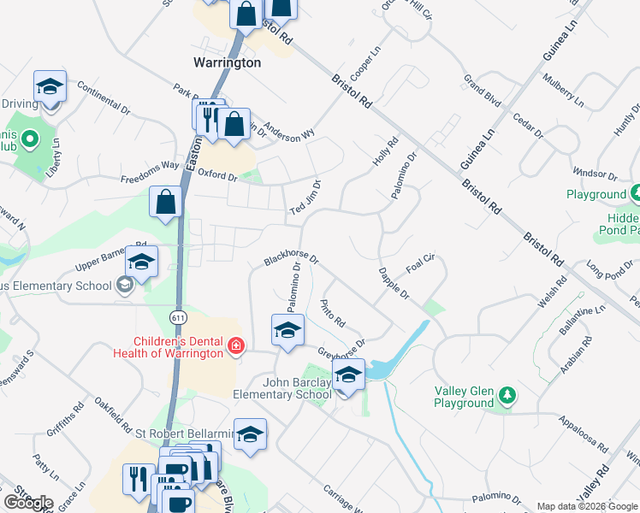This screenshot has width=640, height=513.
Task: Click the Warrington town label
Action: coord(227,62)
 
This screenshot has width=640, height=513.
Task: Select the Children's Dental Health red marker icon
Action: coord(235,346)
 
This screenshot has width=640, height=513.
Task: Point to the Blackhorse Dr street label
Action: coord(292,257)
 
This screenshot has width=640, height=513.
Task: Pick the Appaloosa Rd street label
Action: coord(582,434)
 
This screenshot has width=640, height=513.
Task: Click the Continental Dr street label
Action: coord(103,99)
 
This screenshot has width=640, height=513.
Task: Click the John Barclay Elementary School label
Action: coord(282,389)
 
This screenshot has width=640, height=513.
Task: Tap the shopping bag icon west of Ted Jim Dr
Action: coord(166,203)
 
